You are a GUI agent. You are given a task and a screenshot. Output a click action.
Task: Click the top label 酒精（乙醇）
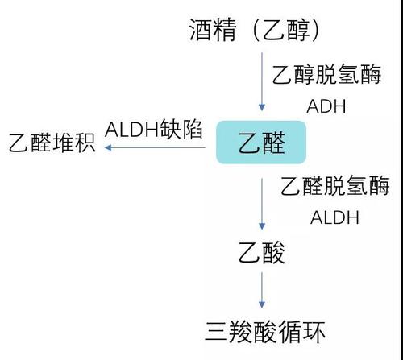coord(254,30)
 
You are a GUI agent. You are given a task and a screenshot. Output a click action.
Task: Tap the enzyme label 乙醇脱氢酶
coord(326,74)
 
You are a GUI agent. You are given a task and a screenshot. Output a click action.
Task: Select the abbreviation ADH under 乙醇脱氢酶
coord(326,106)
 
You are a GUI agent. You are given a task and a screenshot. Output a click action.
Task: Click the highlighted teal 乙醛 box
coord(261,143)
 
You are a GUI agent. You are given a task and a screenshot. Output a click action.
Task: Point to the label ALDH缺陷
coord(154,130)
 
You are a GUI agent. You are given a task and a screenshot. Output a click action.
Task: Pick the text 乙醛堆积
coord(52,143)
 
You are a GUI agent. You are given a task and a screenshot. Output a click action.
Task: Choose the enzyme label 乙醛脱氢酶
coord(335,186)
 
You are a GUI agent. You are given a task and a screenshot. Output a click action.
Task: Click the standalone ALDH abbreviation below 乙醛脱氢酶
coord(334,217)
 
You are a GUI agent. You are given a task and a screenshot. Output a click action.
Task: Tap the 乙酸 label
coord(261,253)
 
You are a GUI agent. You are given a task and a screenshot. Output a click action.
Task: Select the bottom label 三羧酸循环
coord(265,332)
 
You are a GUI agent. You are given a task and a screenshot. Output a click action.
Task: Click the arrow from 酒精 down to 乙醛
coord(262,81)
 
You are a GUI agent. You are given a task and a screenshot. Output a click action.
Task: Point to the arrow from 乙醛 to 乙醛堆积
coord(155,147)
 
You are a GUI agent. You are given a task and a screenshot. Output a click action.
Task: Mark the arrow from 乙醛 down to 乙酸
coord(262,204)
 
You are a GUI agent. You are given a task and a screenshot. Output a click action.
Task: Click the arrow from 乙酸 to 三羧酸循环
coord(262,290)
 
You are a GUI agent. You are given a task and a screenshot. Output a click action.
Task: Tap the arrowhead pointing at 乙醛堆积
coord(108,147)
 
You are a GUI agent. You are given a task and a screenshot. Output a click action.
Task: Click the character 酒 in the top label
coord(201,30)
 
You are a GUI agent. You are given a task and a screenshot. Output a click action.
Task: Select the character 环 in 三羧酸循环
coord(314,332)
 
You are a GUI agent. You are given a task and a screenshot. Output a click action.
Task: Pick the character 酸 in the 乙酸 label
coord(273,253)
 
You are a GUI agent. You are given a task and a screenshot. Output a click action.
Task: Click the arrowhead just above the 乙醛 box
coord(262,108)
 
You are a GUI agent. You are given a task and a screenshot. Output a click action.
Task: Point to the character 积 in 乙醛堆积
coord(85,143)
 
